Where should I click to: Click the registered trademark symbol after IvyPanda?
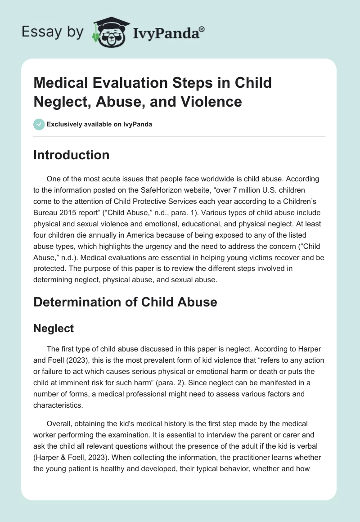click(x=202, y=29)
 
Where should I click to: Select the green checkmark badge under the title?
click(x=39, y=124)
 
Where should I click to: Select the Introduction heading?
click(x=71, y=155)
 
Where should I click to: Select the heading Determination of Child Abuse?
click(x=125, y=302)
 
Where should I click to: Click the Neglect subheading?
click(x=54, y=328)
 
